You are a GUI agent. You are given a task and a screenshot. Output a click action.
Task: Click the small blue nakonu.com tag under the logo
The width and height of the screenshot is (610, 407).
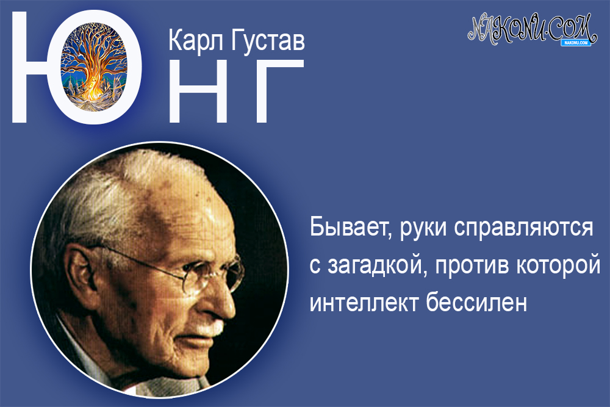point(574,43)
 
